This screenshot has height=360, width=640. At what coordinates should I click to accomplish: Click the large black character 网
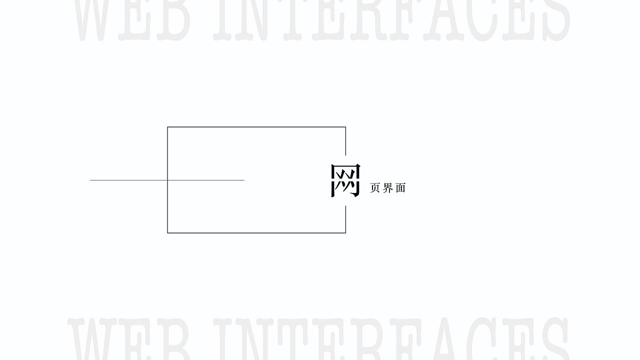click(345, 180)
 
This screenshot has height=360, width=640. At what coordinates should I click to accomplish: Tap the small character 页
click(375, 188)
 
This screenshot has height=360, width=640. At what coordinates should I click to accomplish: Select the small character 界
click(387, 188)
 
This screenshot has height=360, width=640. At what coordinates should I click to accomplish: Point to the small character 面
click(400, 188)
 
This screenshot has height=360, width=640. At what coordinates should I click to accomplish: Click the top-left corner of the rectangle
click(167, 127)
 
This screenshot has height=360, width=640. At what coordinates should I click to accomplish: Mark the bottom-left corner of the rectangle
click(167, 233)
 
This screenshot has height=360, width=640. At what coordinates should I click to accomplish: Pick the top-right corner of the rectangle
click(345, 127)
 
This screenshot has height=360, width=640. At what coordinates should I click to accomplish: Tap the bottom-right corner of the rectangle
click(345, 233)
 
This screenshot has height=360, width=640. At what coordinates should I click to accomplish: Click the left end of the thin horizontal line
click(90, 180)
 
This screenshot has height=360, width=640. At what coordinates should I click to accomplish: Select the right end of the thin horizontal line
click(244, 180)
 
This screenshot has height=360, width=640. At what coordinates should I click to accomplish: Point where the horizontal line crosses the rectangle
click(167, 180)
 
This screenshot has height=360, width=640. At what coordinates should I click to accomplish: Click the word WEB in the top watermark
click(132, 20)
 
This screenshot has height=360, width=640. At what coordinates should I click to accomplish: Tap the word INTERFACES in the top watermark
click(391, 20)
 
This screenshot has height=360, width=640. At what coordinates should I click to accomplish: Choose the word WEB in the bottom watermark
click(128, 339)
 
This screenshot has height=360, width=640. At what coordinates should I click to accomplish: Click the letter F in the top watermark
click(406, 20)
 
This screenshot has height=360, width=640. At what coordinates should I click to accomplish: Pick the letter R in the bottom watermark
click(368, 339)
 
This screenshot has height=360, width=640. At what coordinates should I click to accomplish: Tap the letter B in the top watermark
click(173, 20)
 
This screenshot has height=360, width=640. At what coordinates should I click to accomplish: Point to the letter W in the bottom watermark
click(92, 339)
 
